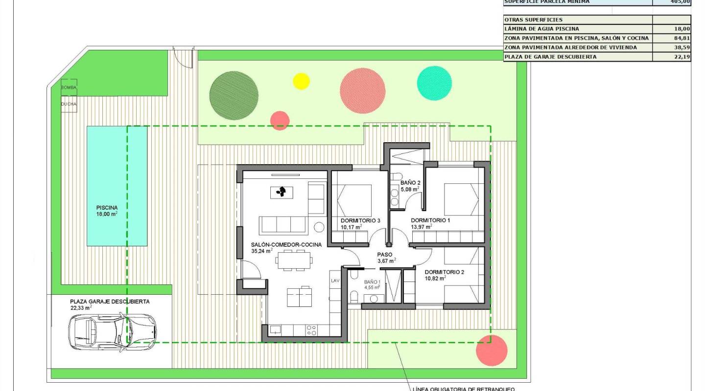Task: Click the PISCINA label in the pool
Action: (107, 207)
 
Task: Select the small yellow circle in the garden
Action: (301, 81)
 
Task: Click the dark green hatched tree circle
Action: (234, 95)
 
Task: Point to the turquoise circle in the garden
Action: (434, 83)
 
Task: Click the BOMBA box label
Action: (69, 87)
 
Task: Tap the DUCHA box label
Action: (69, 104)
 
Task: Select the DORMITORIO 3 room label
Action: (360, 220)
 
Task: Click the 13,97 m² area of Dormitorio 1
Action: (421, 227)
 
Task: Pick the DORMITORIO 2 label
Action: (444, 272)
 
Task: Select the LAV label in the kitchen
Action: (335, 281)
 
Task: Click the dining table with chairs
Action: (294, 260)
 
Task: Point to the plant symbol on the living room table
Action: (282, 192)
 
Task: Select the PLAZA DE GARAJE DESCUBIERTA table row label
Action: (550, 57)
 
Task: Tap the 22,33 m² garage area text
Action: (81, 308)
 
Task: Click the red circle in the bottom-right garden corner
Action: (492, 350)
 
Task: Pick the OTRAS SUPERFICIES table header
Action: (526, 20)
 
